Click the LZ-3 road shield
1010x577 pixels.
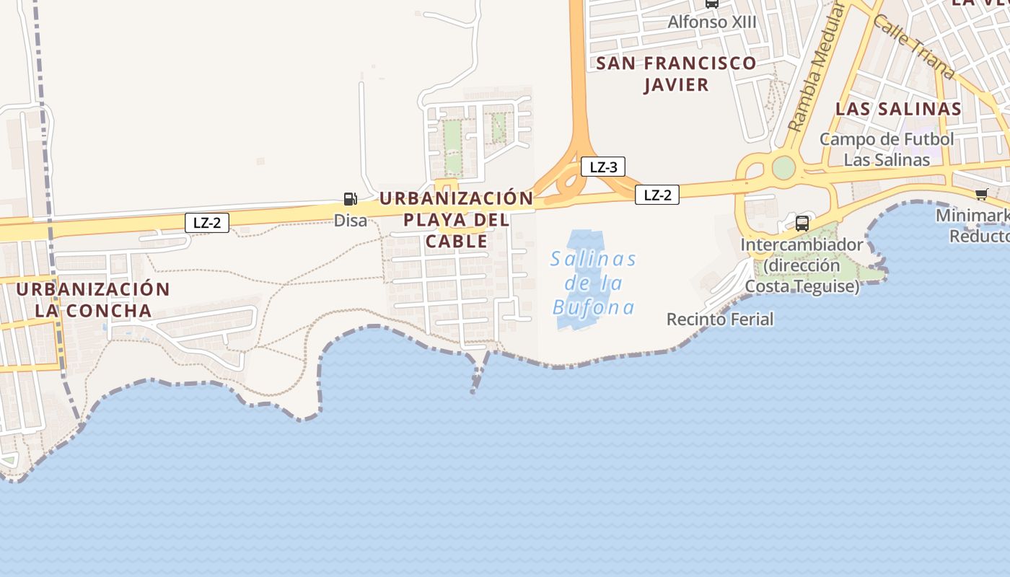[x=603, y=167]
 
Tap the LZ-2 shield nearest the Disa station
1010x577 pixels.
[x=207, y=223]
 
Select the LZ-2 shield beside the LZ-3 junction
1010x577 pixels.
[x=657, y=195]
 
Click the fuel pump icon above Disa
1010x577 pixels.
[x=350, y=199]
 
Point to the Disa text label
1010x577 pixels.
[x=351, y=221]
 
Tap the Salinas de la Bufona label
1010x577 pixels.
[x=593, y=283]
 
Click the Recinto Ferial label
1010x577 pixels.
[x=720, y=319]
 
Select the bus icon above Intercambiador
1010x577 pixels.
[x=802, y=223]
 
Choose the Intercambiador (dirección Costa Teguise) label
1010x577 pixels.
[x=802, y=265]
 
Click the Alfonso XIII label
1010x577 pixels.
[x=712, y=22]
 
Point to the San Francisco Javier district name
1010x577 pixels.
[x=676, y=74]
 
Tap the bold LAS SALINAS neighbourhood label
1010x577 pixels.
[x=898, y=109]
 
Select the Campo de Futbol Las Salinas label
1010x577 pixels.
[x=887, y=149]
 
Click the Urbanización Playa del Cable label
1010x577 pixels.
[x=457, y=219]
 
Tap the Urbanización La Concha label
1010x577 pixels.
[x=93, y=300]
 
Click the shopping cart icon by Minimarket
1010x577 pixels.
[x=981, y=193]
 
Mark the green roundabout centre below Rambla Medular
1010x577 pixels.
[x=783, y=167]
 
